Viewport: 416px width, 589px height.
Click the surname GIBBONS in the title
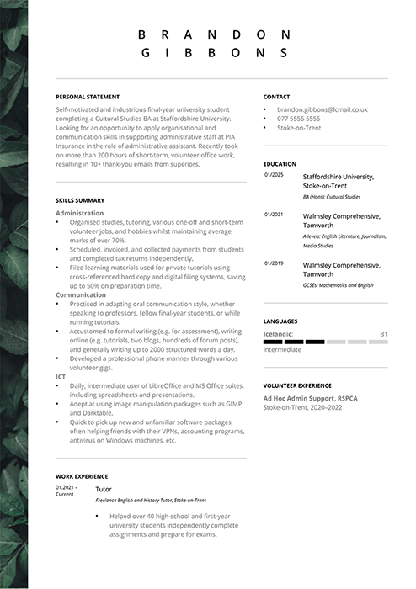[x=214, y=52]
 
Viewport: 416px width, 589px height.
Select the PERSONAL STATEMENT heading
[x=88, y=97]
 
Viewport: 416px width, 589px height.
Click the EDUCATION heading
[x=280, y=164]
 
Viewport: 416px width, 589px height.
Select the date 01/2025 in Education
[x=274, y=175]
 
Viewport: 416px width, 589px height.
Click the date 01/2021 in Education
[x=274, y=215]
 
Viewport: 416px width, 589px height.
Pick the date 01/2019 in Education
[x=274, y=263]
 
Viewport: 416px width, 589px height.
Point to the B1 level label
[x=383, y=334]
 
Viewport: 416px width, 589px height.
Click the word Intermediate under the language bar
[x=282, y=349]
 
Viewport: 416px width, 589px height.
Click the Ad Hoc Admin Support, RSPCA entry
[x=311, y=397]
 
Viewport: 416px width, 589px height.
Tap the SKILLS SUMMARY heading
[x=80, y=200]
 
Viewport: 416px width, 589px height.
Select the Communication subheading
[x=81, y=295]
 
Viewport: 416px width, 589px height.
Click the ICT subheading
[x=61, y=376]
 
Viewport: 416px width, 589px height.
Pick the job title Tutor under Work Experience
[x=104, y=488]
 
